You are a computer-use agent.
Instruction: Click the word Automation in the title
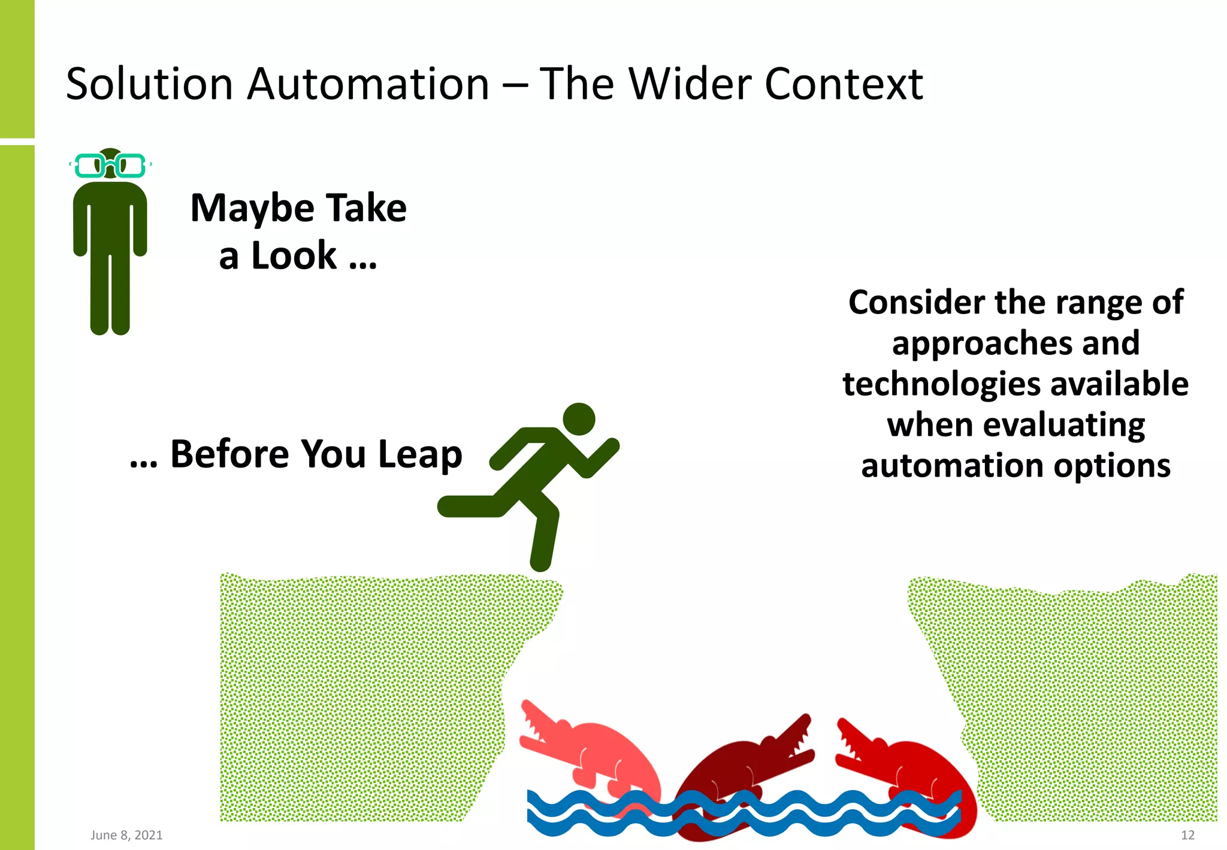point(368,84)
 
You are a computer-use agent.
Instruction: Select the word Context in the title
point(844,84)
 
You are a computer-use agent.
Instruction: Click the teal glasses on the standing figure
point(110,165)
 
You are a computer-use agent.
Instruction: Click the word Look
point(294,256)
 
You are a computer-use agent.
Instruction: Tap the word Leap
point(420,454)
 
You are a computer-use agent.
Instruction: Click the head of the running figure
point(579,419)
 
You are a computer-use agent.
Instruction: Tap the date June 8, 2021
point(126,835)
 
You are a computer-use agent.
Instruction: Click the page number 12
point(1187,835)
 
